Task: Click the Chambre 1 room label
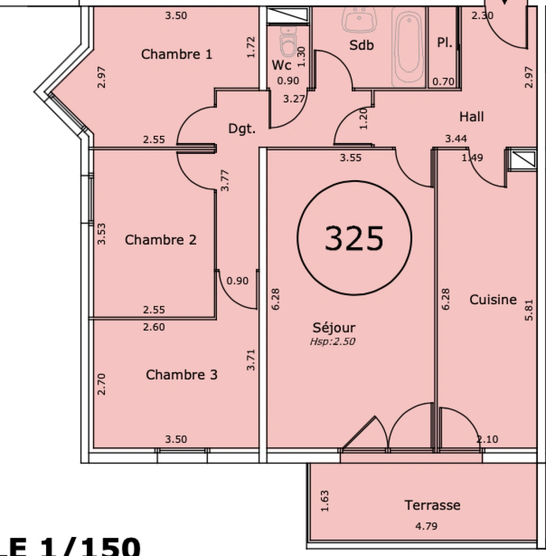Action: point(176,54)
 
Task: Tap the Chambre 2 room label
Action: point(160,240)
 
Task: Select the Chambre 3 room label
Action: point(181,375)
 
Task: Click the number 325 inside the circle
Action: point(354,238)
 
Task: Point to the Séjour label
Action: point(334,327)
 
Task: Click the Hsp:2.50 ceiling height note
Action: point(333,341)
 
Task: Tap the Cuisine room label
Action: point(493,300)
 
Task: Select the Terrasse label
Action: point(432,505)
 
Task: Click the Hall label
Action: point(471,117)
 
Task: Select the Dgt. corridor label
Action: point(242,129)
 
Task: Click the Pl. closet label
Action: point(445,43)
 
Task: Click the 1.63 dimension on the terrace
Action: point(324,501)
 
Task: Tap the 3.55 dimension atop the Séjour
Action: point(350,158)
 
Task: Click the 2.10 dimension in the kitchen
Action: point(487,439)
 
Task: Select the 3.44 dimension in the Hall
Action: point(456,138)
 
